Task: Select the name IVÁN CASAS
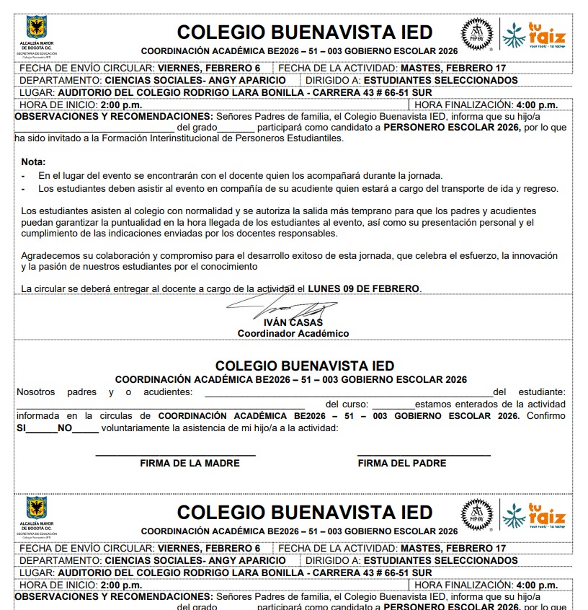288,322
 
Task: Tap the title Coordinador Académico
293,333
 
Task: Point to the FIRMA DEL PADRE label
402,463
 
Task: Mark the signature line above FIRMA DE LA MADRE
176,455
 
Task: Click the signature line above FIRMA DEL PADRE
424,455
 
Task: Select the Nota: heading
33,162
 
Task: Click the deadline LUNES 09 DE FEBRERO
363,288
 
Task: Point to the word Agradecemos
52,256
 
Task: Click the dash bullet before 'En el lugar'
24,176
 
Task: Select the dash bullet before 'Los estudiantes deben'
24,189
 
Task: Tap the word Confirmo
546,416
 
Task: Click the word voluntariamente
141,428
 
